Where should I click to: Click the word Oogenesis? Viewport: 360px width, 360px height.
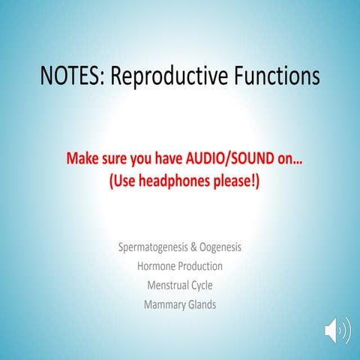point(219,247)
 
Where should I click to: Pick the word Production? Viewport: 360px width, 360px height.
point(201,265)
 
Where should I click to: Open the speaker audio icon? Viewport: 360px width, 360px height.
point(337,330)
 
